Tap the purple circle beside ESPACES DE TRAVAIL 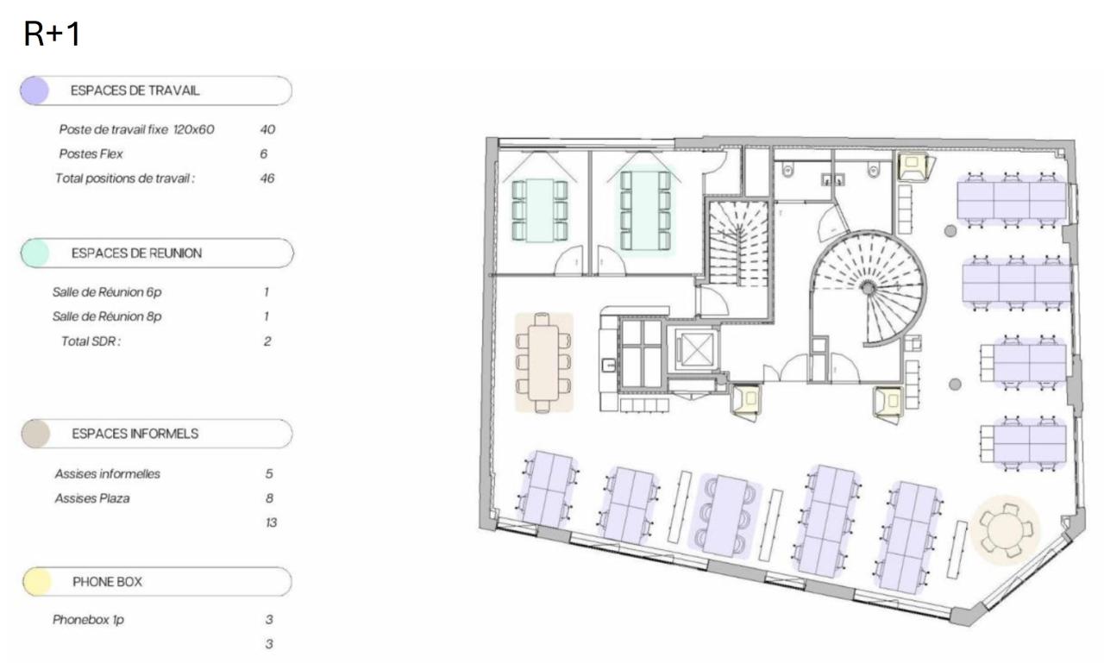point(34,91)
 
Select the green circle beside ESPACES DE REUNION point(34,253)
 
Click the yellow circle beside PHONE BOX point(34,582)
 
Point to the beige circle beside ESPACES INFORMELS point(34,434)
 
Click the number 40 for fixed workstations point(267,129)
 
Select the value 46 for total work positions point(267,178)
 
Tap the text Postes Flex point(91,154)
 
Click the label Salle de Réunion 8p point(107,316)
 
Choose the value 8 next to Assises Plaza point(269,498)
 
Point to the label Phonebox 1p point(87,620)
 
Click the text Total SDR point(91,341)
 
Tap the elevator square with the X point(693,350)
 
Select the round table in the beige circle point(1006,528)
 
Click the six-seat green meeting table point(540,210)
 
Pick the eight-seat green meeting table point(644,210)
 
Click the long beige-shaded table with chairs point(543,362)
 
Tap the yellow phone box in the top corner point(913,166)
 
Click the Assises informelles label point(107,474)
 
